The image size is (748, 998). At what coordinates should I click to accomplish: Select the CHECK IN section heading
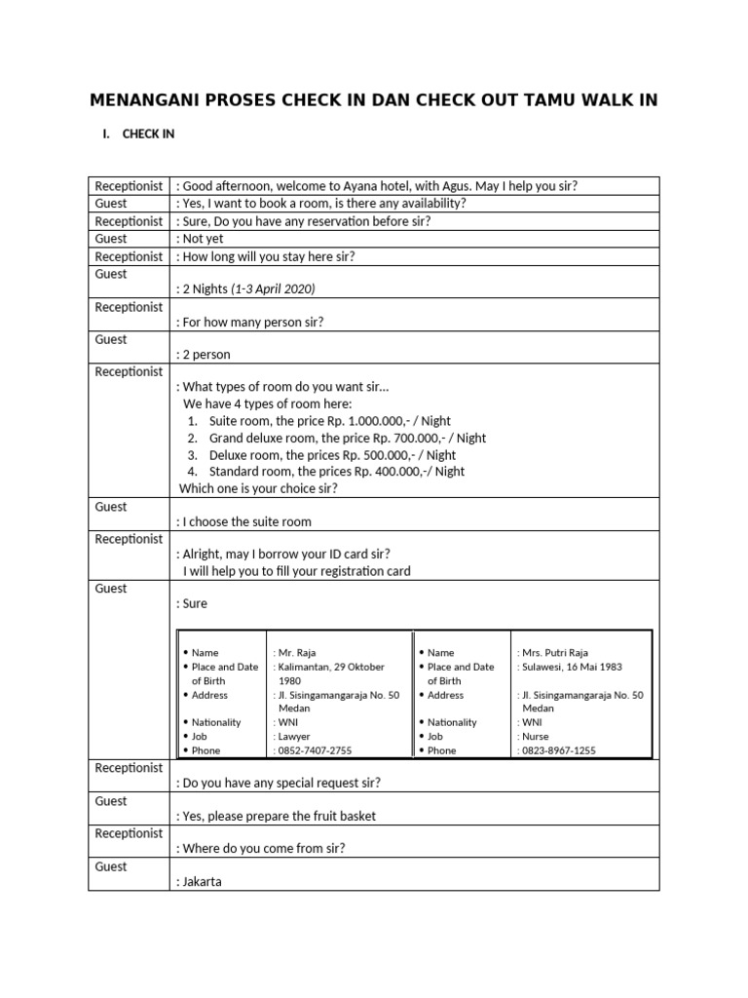148,134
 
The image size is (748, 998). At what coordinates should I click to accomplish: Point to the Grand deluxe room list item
261,438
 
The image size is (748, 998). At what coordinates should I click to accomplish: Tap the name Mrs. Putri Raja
553,653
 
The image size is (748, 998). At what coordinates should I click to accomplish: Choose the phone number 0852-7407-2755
315,750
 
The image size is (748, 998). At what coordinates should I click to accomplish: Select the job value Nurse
535,737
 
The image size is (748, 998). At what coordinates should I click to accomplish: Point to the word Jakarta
202,882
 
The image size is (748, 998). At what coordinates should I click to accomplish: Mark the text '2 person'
206,355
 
